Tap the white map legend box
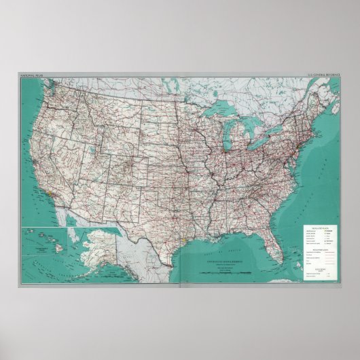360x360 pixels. point(319,252)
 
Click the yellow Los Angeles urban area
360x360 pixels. point(52,192)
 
